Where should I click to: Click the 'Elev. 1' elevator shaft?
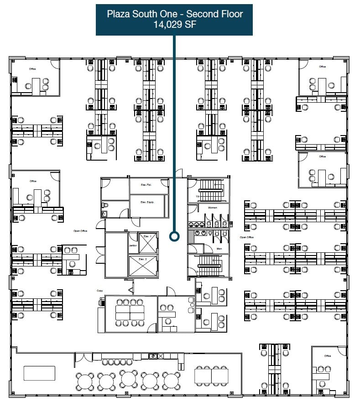(x=147, y=243)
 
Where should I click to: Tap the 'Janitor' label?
(x=133, y=245)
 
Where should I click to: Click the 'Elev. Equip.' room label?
(x=147, y=202)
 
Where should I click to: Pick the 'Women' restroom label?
(x=213, y=208)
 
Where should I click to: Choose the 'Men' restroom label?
(x=219, y=249)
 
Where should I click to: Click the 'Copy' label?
(x=100, y=291)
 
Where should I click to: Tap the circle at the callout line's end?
(x=174, y=236)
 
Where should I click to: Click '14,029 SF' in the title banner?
(x=175, y=25)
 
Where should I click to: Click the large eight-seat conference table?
(x=130, y=313)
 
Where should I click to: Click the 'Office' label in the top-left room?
(x=32, y=69)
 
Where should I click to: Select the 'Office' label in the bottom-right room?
(x=327, y=356)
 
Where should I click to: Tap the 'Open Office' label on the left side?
(x=80, y=231)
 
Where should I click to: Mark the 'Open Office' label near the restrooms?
(x=246, y=237)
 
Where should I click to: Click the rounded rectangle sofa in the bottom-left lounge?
(x=39, y=373)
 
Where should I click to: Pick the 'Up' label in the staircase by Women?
(x=197, y=197)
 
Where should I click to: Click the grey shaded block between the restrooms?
(x=191, y=236)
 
